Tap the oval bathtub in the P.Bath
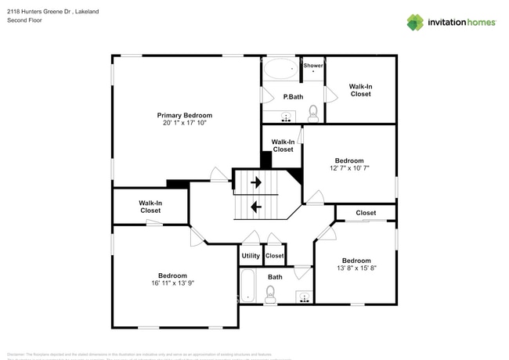(280, 70)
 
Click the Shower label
(313, 66)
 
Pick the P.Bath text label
(293, 96)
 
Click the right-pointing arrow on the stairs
(255, 182)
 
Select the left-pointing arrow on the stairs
(255, 207)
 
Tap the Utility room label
(251, 256)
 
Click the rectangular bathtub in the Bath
(247, 286)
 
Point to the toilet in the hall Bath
(271, 294)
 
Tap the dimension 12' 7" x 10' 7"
(349, 167)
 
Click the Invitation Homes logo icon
(414, 22)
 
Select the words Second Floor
(25, 20)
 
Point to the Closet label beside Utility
(274, 256)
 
